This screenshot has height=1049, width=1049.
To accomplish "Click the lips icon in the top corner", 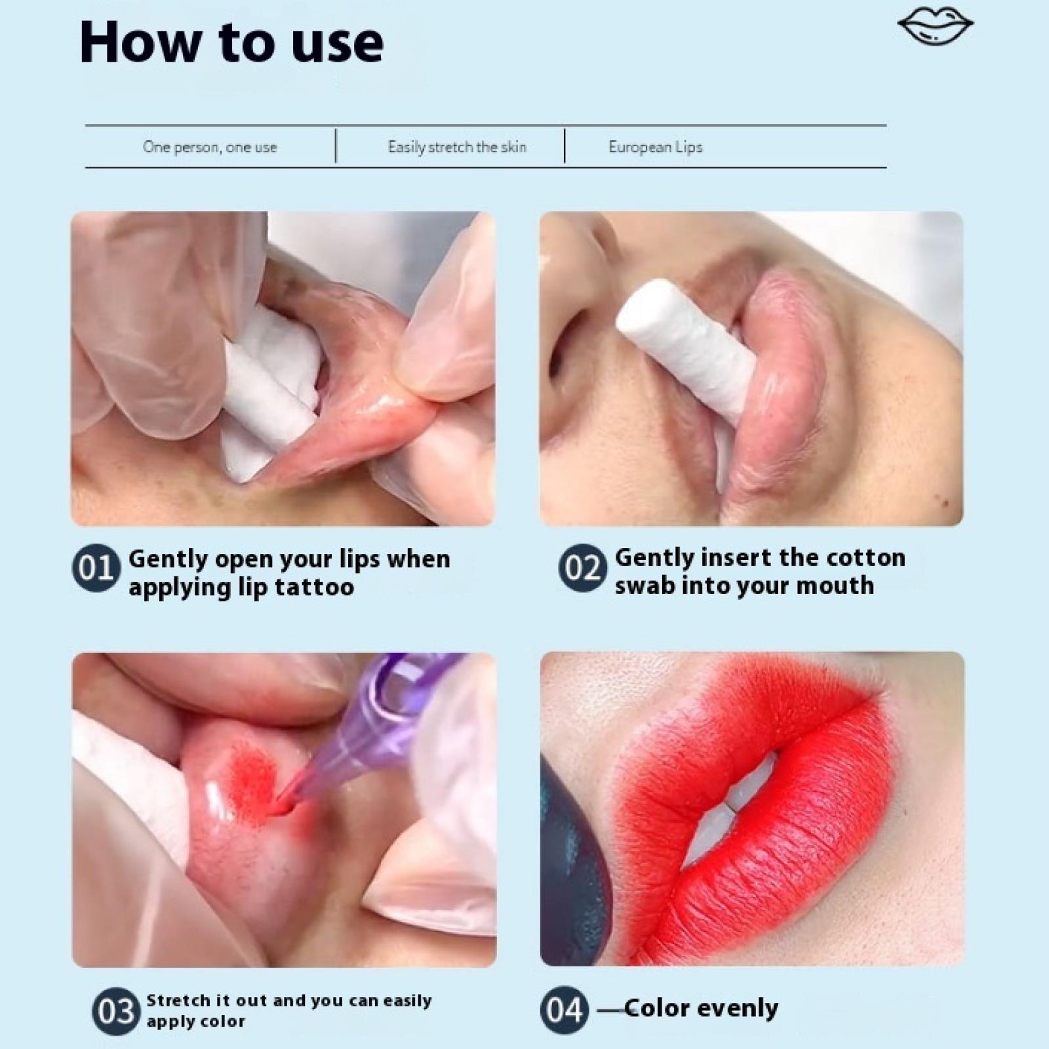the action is point(935,27).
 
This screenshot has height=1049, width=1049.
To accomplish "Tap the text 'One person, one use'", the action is point(210,147).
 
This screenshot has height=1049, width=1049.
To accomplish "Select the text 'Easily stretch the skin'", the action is point(457,147).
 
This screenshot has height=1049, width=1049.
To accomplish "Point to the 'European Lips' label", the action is point(656,147).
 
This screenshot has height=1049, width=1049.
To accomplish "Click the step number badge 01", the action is point(96,568).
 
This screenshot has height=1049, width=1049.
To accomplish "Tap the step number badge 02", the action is point(583,568).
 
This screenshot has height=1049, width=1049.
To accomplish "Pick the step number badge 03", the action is point(116,1011).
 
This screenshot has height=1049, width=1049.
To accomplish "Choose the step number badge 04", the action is point(564,1010).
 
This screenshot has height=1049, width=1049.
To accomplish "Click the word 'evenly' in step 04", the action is point(737,1008).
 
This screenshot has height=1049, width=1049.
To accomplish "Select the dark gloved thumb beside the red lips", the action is point(572,859).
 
